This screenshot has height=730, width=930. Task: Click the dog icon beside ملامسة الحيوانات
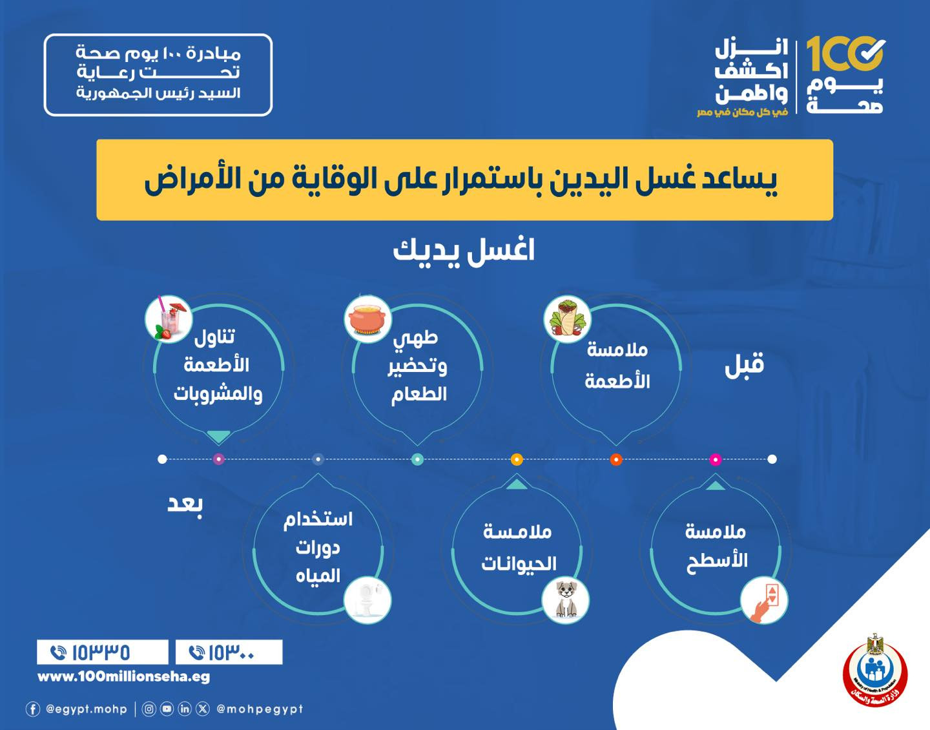tap(566, 600)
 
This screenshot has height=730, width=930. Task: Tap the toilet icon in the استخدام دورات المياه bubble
tap(367, 600)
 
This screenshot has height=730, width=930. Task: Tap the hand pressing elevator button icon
tap(764, 600)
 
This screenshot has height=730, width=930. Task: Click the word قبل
tap(745, 365)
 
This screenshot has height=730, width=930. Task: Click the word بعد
tap(185, 504)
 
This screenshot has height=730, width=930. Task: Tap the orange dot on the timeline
tap(616, 460)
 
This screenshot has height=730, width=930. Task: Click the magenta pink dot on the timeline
tap(715, 460)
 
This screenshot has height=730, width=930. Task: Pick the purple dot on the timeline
tap(219, 459)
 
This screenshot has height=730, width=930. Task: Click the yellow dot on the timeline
tap(517, 460)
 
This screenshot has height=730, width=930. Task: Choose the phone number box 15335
tap(103, 652)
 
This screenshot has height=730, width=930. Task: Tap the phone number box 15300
tap(229, 652)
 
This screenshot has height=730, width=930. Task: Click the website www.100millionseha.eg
tap(124, 677)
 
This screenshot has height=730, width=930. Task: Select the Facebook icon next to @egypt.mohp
tap(33, 709)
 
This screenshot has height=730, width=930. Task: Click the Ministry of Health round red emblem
tap(875, 672)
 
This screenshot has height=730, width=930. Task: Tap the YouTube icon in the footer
tap(167, 709)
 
